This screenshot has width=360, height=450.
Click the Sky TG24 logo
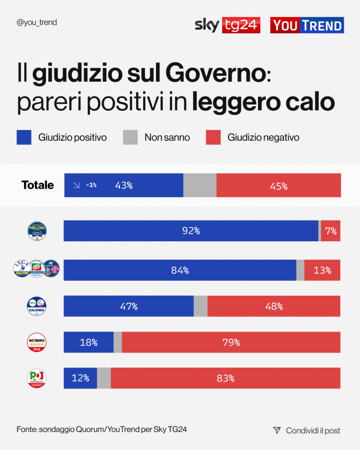pyautogui.click(x=227, y=25)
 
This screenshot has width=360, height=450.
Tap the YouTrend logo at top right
pyautogui.click(x=307, y=25)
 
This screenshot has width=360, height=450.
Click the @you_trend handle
pyautogui.click(x=37, y=22)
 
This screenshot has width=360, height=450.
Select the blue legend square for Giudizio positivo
pyautogui.click(x=24, y=138)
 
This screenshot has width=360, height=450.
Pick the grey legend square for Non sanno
pyautogui.click(x=130, y=138)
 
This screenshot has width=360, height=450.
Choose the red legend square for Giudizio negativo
pyautogui.click(x=213, y=138)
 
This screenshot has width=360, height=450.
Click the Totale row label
pyautogui.click(x=38, y=185)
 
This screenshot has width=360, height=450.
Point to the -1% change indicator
pyautogui.click(x=86, y=185)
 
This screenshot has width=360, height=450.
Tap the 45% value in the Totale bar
pyautogui.click(x=279, y=186)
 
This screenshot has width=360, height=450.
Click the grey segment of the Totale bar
pyautogui.click(x=200, y=185)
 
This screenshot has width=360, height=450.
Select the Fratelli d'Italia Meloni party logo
pyautogui.click(x=37, y=231)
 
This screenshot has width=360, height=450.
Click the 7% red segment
pyautogui.click(x=331, y=231)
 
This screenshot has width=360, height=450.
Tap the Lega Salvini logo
pyautogui.click(x=22, y=269)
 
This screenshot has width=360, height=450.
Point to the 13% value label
pyautogui.click(x=322, y=270)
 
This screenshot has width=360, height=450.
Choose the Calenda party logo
pyautogui.click(x=37, y=306)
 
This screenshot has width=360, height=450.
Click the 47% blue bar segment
pyautogui.click(x=129, y=306)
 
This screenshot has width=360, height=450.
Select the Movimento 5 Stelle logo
pyautogui.click(x=37, y=342)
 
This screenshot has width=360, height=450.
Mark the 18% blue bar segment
pyautogui.click(x=88, y=342)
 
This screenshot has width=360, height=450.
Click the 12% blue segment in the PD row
pyautogui.click(x=80, y=378)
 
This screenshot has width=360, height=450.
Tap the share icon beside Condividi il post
pyautogui.click(x=276, y=430)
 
